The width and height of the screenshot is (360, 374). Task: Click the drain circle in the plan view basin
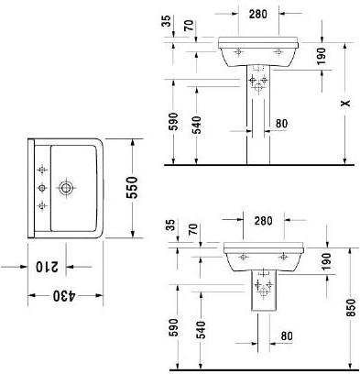pos(65,188)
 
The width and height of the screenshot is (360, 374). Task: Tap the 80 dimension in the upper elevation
pos(281,123)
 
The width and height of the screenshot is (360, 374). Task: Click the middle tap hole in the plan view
pos(42,188)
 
